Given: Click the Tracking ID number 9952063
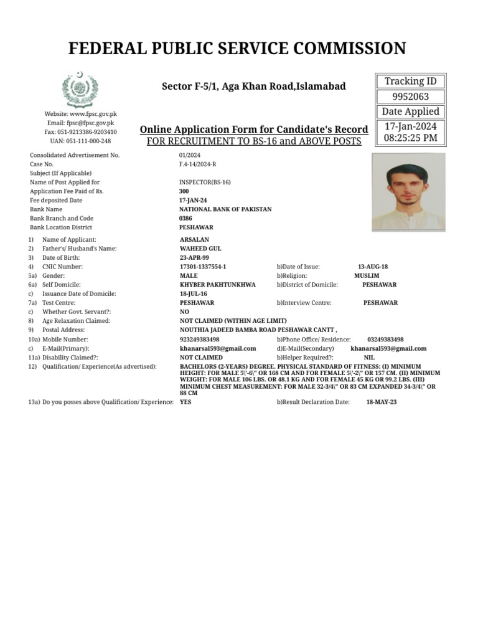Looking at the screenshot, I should (410, 97).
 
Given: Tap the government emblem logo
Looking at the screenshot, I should (80, 90).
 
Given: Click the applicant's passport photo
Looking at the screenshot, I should (408, 193).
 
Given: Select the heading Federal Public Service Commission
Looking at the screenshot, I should (237, 48).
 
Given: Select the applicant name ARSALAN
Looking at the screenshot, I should (194, 240).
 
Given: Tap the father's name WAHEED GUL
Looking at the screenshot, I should (200, 249).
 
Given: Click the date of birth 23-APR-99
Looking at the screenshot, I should (194, 258).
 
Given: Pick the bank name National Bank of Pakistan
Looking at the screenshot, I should (225, 209).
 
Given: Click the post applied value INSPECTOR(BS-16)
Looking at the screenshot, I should (205, 183).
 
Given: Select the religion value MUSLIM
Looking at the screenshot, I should (367, 275).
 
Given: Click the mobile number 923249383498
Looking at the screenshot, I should (199, 340).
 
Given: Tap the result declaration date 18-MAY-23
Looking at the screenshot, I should (382, 402).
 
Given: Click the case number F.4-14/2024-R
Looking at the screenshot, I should (198, 164).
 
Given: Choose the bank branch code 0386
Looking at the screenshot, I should (185, 219).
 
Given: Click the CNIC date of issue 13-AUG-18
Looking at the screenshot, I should (373, 267).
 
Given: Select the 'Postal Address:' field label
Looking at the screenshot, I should (63, 330).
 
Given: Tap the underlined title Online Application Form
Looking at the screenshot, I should (254, 130).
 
